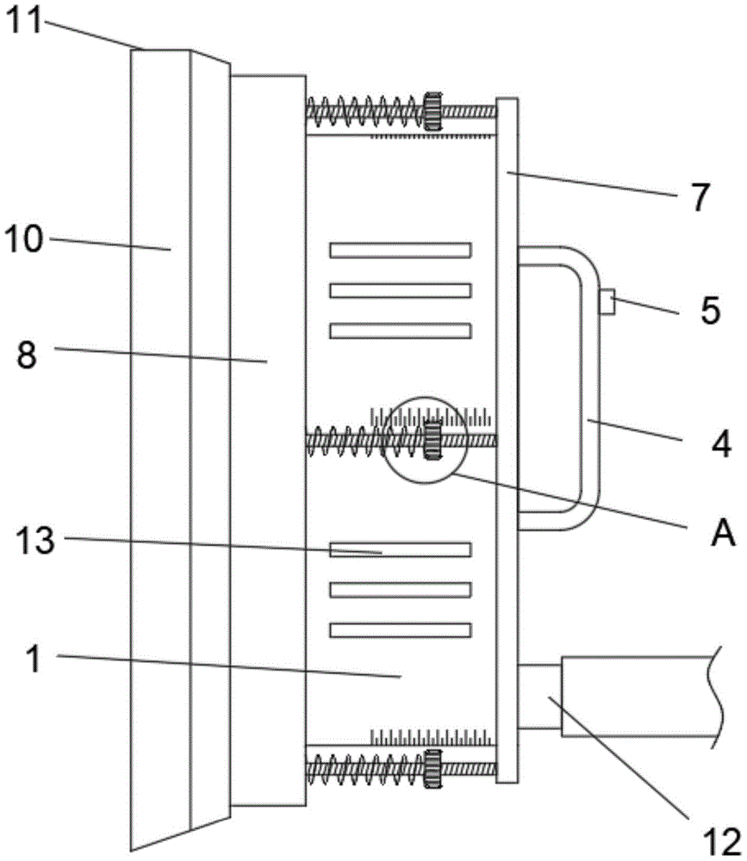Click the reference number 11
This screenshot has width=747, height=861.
coord(23,21)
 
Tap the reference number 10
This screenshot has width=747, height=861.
coord(23,240)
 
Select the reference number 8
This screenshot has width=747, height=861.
coord(27,354)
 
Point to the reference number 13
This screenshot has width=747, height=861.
coord(35,541)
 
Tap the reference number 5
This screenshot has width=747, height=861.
coord(710,310)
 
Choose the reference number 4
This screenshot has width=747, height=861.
coord(721,443)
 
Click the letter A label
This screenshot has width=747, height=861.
coord(723,532)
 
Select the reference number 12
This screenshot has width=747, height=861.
coord(722,842)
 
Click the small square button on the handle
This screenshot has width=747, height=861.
coord(607,302)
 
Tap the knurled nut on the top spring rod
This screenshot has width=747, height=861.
coord(433,111)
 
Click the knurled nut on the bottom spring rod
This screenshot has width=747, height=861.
coord(433,769)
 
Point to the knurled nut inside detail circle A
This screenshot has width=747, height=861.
coord(433,440)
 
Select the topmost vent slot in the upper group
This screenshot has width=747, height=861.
coord(400,251)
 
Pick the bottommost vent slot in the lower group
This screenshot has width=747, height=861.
coord(400,630)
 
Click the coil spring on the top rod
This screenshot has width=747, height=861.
coord(365,112)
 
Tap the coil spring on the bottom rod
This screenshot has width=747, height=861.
coord(365,769)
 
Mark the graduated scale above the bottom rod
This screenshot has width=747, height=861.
coord(431,737)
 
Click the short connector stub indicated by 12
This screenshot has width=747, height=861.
coord(539,697)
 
